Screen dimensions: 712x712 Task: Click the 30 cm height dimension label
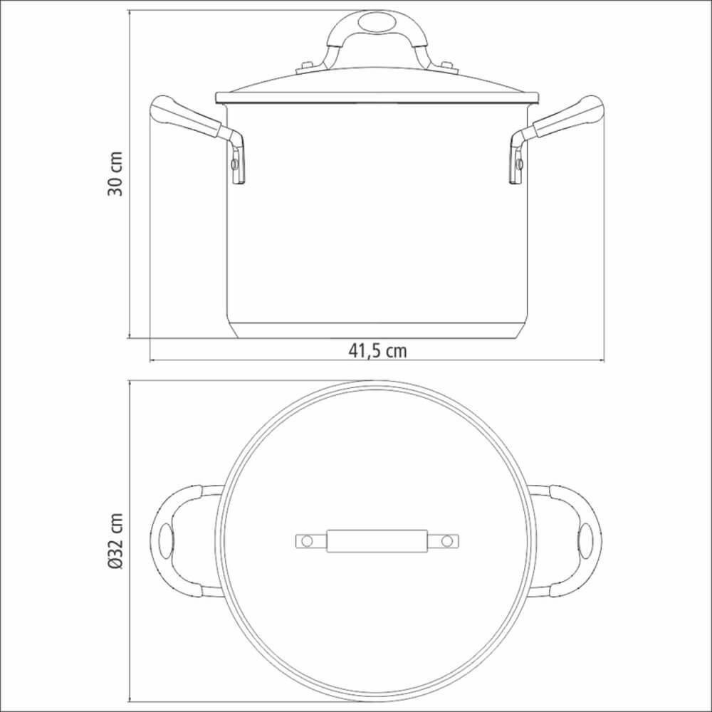tap(115, 173)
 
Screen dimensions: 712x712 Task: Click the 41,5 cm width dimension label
tap(377, 350)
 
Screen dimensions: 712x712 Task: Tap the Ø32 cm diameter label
tap(116, 541)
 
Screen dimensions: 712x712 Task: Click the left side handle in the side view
tap(187, 118)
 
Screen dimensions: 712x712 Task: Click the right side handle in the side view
tap(567, 118)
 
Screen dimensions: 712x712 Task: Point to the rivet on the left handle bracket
tap(234, 164)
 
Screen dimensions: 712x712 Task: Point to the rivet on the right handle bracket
tap(520, 164)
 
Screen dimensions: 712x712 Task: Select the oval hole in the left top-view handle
tap(166, 541)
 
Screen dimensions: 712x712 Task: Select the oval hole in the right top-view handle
tap(589, 541)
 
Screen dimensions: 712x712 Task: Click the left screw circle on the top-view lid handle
tap(307, 541)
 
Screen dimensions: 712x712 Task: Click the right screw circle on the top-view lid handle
tap(446, 541)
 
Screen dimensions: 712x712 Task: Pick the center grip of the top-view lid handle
tap(377, 541)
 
